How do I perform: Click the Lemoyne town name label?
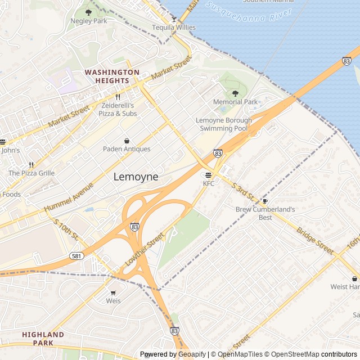[136, 177]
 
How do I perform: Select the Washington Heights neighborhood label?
[112, 76]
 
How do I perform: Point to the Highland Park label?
[43, 339]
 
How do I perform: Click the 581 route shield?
[77, 255]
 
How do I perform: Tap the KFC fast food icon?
[209, 175]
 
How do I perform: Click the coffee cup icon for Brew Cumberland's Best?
[265, 201]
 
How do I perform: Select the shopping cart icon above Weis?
[113, 292]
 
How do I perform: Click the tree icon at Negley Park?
[88, 12]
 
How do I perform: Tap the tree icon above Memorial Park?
[235, 93]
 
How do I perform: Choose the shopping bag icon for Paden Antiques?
[127, 141]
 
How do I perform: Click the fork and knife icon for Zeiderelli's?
[118, 97]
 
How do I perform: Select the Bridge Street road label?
[315, 241]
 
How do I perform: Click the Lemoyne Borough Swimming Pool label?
[222, 124]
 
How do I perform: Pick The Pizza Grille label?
[31, 173]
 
